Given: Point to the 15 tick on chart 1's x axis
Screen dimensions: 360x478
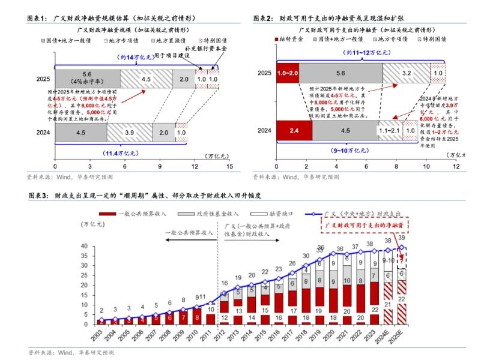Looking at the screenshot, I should click(x=229, y=166).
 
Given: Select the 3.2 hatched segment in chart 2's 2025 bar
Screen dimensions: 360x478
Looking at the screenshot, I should click(x=406, y=73).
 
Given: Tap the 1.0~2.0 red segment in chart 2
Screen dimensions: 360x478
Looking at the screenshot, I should click(x=287, y=73).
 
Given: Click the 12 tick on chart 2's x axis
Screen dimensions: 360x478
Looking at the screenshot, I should click(x=456, y=166).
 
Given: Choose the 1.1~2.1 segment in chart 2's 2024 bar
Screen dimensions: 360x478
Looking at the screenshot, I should click(x=390, y=130).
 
